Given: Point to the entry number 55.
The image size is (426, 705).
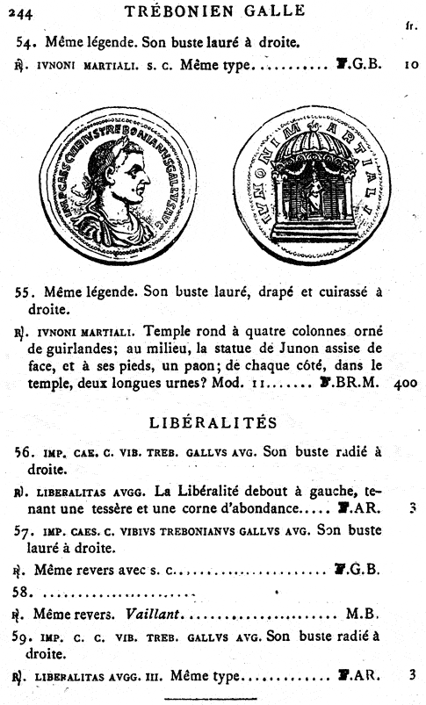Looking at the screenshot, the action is [24, 291].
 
